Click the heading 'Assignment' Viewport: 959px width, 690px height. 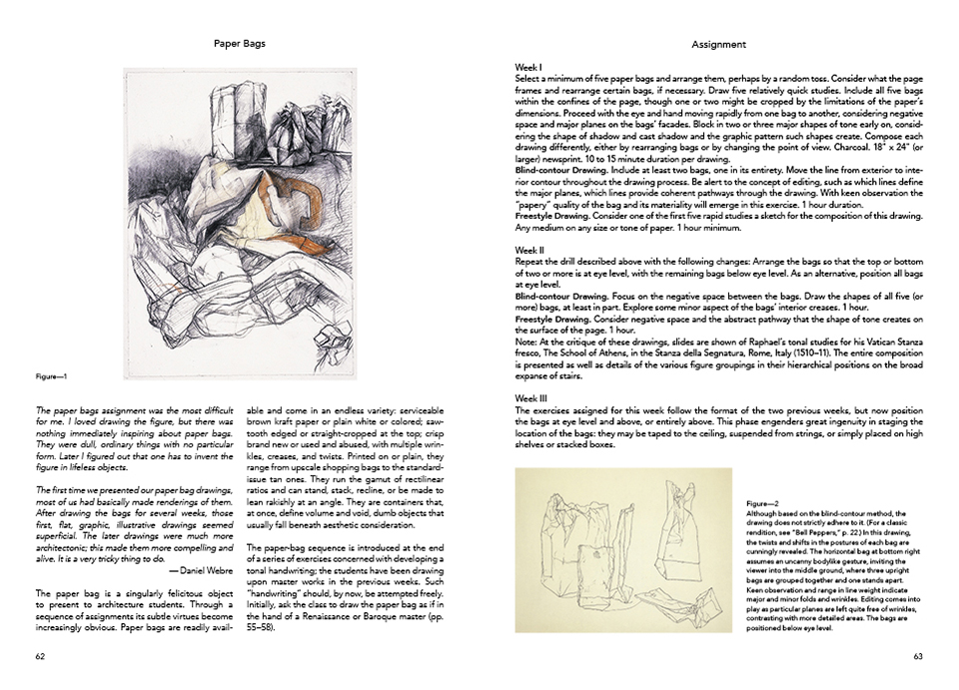click(717, 44)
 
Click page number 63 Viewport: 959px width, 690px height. click(917, 656)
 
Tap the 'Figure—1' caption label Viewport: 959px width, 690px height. click(50, 376)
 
